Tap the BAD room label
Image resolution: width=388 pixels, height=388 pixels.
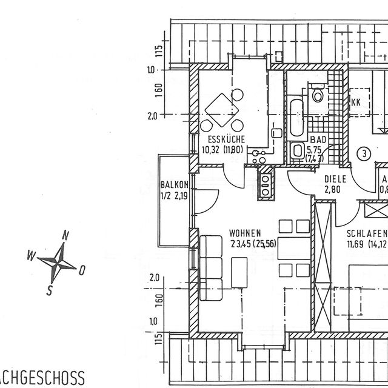pos(318,139)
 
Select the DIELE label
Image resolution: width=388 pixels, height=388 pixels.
pos(335,179)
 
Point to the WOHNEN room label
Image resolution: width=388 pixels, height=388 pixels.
pos(245,232)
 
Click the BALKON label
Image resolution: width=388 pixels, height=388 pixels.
pos(175,185)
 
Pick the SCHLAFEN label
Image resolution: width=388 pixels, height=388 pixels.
pos(366,233)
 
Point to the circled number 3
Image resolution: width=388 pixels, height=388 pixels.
pos(363,153)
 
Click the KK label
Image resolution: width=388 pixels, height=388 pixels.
pos(356,102)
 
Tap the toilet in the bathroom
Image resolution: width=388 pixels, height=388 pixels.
pos(318,95)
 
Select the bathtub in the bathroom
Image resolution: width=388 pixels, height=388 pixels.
pos(296,117)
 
